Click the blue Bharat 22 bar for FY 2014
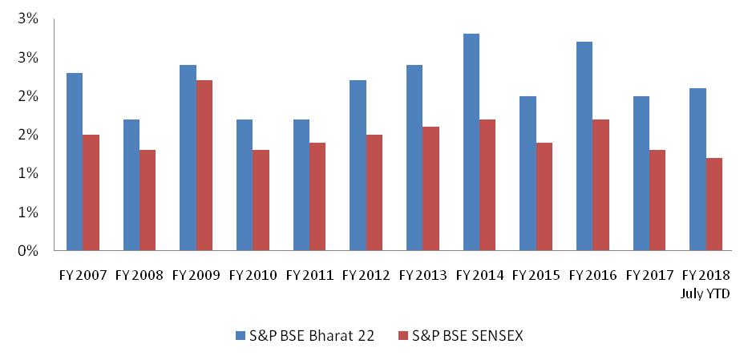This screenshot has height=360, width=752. point(471,142)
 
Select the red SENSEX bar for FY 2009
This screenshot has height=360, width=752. point(204,165)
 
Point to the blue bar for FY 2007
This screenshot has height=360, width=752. point(75,161)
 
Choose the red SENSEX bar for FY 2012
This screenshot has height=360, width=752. point(374,192)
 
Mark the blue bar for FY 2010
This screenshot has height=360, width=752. point(245,184)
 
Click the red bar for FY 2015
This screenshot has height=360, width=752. point(544,196)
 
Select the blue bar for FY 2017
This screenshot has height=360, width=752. point(641,173)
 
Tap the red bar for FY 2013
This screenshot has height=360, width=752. point(431,188)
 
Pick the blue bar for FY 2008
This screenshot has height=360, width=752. point(131,184)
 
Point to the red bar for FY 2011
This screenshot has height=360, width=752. point(317,196)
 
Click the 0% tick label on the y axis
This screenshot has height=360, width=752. point(28,251)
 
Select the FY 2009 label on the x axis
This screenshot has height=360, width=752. point(196,275)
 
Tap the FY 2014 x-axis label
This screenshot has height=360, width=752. point(479,275)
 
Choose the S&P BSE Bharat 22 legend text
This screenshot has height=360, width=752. point(312,336)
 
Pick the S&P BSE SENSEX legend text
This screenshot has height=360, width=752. point(467,336)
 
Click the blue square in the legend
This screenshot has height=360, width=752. point(241,336)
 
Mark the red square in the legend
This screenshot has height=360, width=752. point(402,336)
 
